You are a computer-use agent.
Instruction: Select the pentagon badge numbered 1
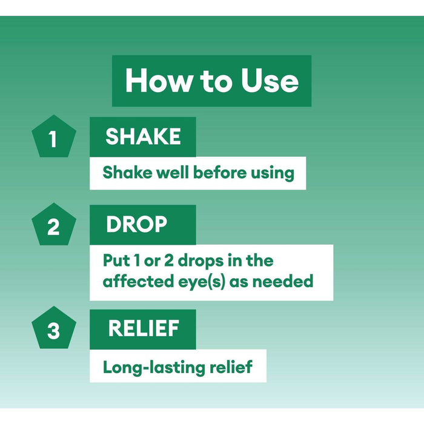pos(53,137)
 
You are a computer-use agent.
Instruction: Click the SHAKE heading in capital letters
pos(143,137)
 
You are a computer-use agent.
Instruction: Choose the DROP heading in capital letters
pos(136,225)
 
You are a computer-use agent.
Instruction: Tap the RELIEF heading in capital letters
pos(144,329)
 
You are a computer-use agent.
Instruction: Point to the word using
pos(272,173)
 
